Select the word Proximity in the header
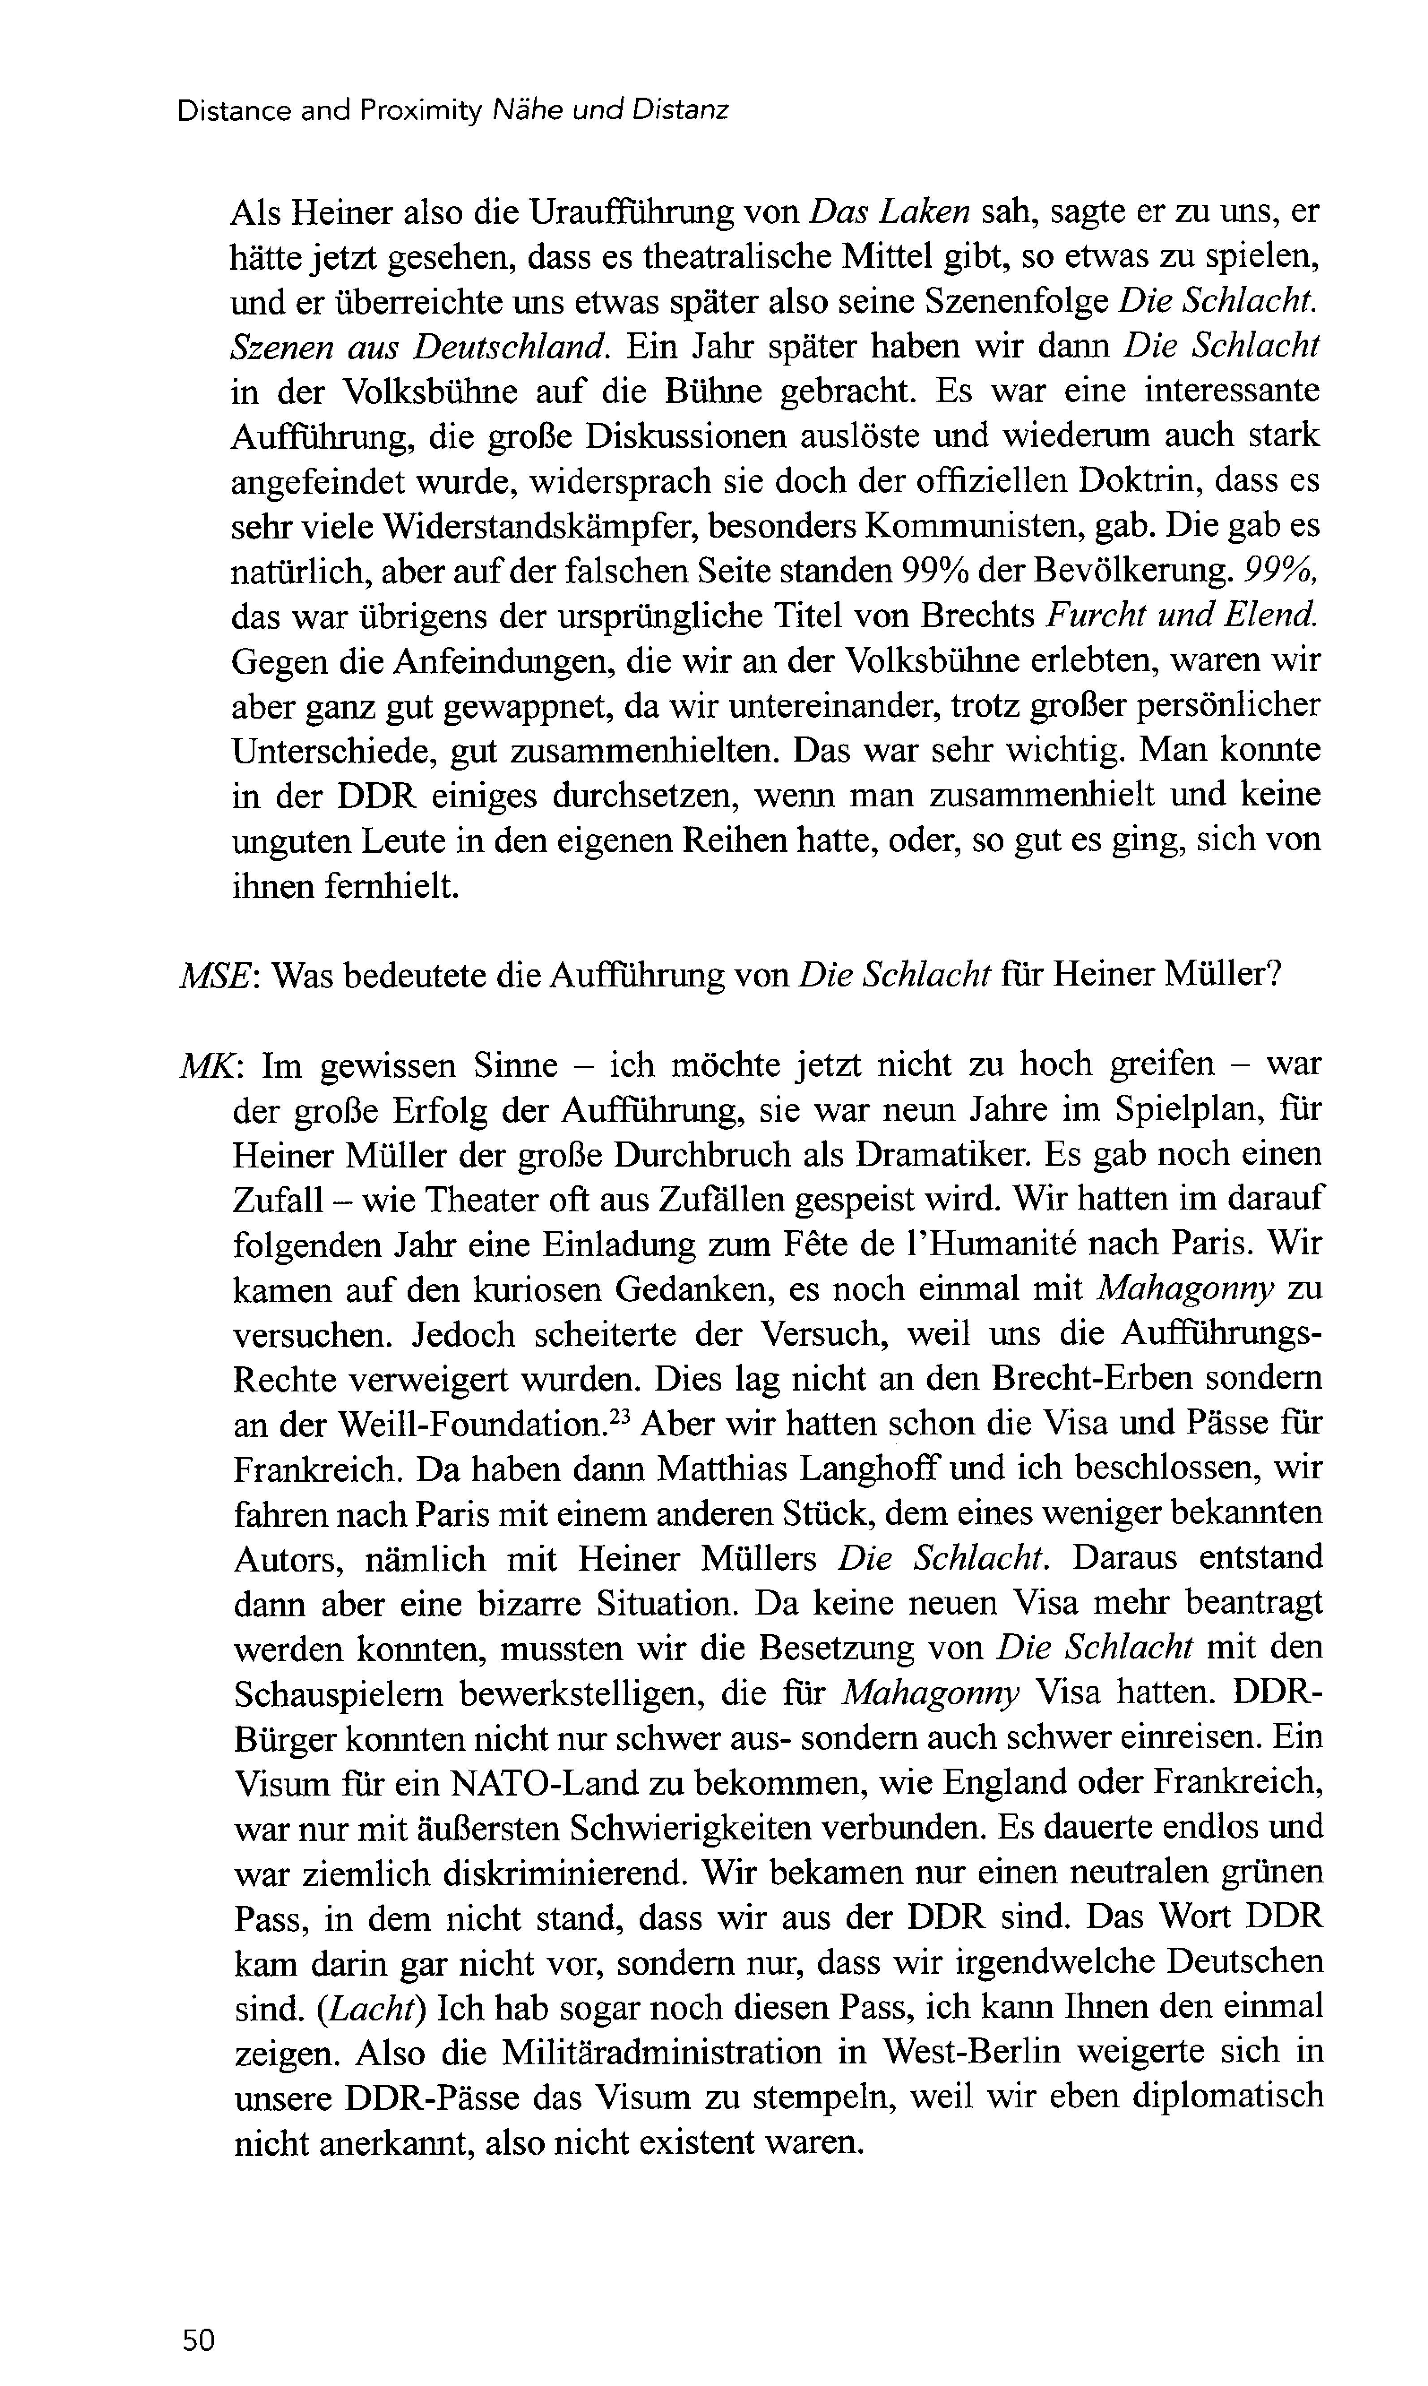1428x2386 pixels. (421, 112)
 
